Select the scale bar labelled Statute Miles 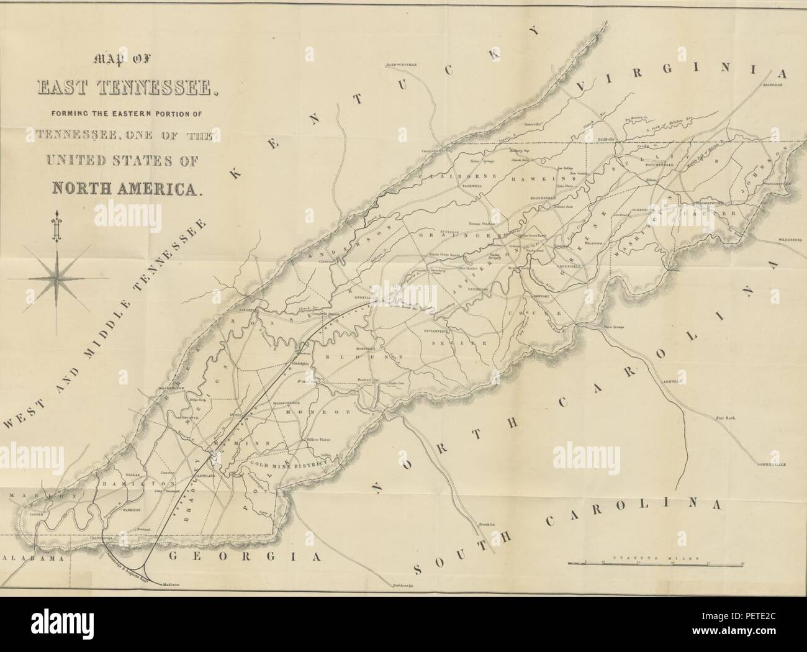click(x=656, y=563)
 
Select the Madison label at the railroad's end click(x=170, y=584)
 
